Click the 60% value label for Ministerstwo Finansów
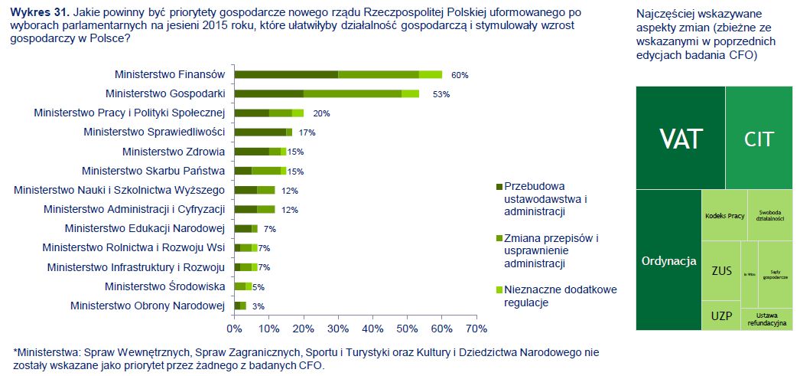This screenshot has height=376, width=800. coord(459,75)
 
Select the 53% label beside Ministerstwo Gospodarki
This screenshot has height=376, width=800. coord(441,94)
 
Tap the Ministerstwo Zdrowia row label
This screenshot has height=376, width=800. coord(173,152)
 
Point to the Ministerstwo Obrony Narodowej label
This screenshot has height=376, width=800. coord(147,306)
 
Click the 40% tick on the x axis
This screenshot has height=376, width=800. coord(372,329)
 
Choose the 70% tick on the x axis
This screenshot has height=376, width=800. coord(476,329)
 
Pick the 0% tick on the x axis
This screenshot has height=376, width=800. coord(234,329)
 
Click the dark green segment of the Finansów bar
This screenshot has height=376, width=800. coord(286,74)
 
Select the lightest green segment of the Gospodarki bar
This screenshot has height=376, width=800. coord(410,93)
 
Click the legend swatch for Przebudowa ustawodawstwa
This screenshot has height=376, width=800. coord(499,186)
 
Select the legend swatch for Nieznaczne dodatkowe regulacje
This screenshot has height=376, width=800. coord(499,289)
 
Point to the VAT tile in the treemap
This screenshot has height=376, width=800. coord(681,138)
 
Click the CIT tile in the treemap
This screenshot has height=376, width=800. coord(759,139)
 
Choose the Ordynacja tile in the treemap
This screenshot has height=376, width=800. coord(668,260)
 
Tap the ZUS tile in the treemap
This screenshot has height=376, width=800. coord(720,270)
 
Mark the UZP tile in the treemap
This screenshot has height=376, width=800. coord(720,316)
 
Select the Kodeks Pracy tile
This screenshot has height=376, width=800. coord(724,215)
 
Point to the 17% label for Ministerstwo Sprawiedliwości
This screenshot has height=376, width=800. coord(307,132)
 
